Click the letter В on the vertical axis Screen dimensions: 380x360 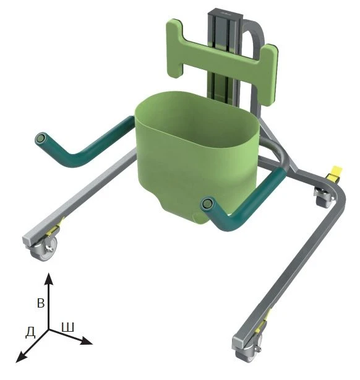(x=41, y=304)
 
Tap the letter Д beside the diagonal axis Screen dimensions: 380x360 (x=29, y=332)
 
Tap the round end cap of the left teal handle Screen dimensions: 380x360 (x=41, y=139)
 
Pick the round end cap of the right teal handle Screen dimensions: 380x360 (x=208, y=203)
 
